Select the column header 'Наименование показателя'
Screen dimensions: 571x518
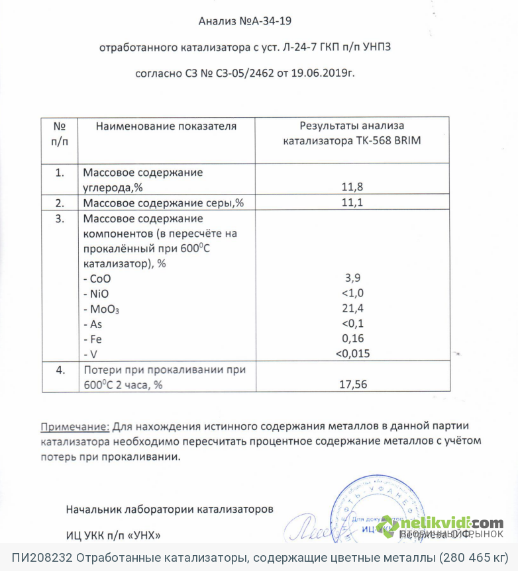(x=166, y=126)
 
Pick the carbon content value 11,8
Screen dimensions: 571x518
(x=352, y=187)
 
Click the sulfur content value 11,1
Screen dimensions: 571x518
(x=352, y=202)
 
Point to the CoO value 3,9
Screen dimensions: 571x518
(x=352, y=278)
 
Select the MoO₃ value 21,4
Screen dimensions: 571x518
(x=352, y=308)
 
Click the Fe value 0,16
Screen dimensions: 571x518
(x=352, y=338)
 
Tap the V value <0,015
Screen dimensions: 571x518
(x=352, y=353)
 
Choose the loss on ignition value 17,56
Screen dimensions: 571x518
(x=352, y=384)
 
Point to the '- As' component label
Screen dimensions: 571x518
(x=93, y=324)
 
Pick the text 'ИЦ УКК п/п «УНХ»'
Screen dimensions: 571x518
(x=113, y=534)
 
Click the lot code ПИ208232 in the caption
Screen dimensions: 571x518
(x=40, y=558)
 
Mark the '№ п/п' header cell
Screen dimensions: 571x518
(x=60, y=132)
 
